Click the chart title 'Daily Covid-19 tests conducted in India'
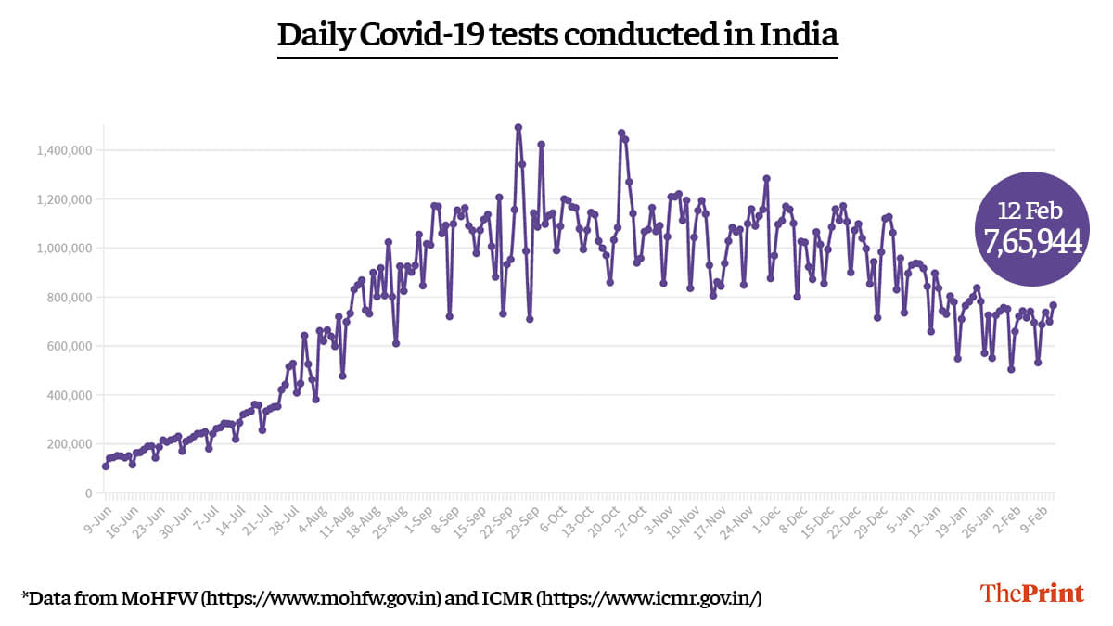click(x=557, y=35)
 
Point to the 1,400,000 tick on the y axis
click(x=64, y=150)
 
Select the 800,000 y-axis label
click(x=69, y=298)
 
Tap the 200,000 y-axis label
click(x=69, y=444)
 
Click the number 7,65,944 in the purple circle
click(x=1033, y=242)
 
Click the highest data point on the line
click(x=518, y=128)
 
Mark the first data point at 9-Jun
click(x=106, y=466)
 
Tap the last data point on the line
click(x=1054, y=306)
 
